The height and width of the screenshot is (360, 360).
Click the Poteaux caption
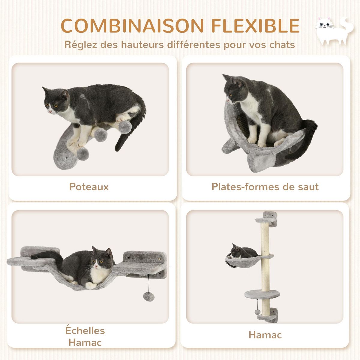[x=89, y=187]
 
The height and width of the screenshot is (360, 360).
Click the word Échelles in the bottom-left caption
[x=85, y=331]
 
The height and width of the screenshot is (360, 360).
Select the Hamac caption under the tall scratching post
[x=265, y=335]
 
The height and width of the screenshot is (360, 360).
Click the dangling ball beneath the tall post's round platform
[x=257, y=312]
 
